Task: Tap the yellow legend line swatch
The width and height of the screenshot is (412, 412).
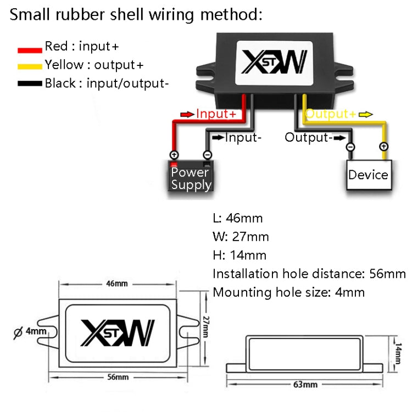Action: tap(30, 66)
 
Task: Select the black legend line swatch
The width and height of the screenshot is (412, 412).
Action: tap(30, 84)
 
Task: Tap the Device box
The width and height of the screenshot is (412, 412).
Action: tap(368, 175)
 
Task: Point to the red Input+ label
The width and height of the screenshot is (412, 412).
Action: tap(216, 114)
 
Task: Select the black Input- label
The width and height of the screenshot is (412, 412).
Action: tap(242, 137)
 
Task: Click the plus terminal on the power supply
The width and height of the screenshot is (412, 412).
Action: tap(174, 155)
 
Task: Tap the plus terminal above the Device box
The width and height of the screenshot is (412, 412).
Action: tap(383, 147)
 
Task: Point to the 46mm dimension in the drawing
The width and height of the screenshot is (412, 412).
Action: tap(116, 283)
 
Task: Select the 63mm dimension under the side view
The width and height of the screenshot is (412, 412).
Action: tap(309, 384)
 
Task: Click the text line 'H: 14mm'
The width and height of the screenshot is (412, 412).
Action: tap(240, 255)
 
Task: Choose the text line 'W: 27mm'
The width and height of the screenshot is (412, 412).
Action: tap(241, 237)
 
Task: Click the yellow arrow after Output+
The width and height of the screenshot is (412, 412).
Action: tap(366, 114)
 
